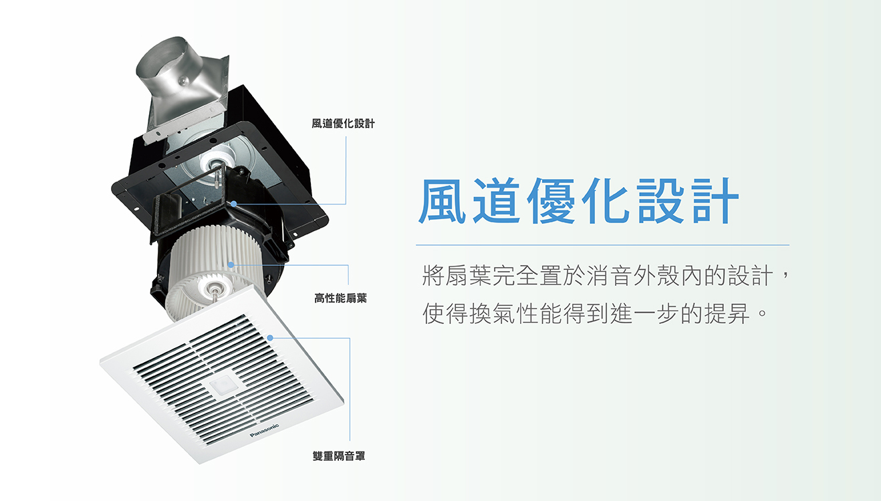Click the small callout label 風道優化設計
(x=343, y=124)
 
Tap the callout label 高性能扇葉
(x=341, y=298)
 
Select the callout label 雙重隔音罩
(x=339, y=456)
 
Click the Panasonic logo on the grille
(x=264, y=430)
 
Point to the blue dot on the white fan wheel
(x=231, y=265)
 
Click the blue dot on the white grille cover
(x=270, y=337)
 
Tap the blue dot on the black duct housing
(x=234, y=204)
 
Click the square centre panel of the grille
(x=221, y=385)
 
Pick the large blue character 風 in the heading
(x=442, y=201)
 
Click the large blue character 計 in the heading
(x=715, y=201)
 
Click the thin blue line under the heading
(x=602, y=245)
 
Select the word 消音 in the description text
(x=609, y=275)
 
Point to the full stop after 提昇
(x=763, y=314)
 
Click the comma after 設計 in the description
(x=785, y=273)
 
